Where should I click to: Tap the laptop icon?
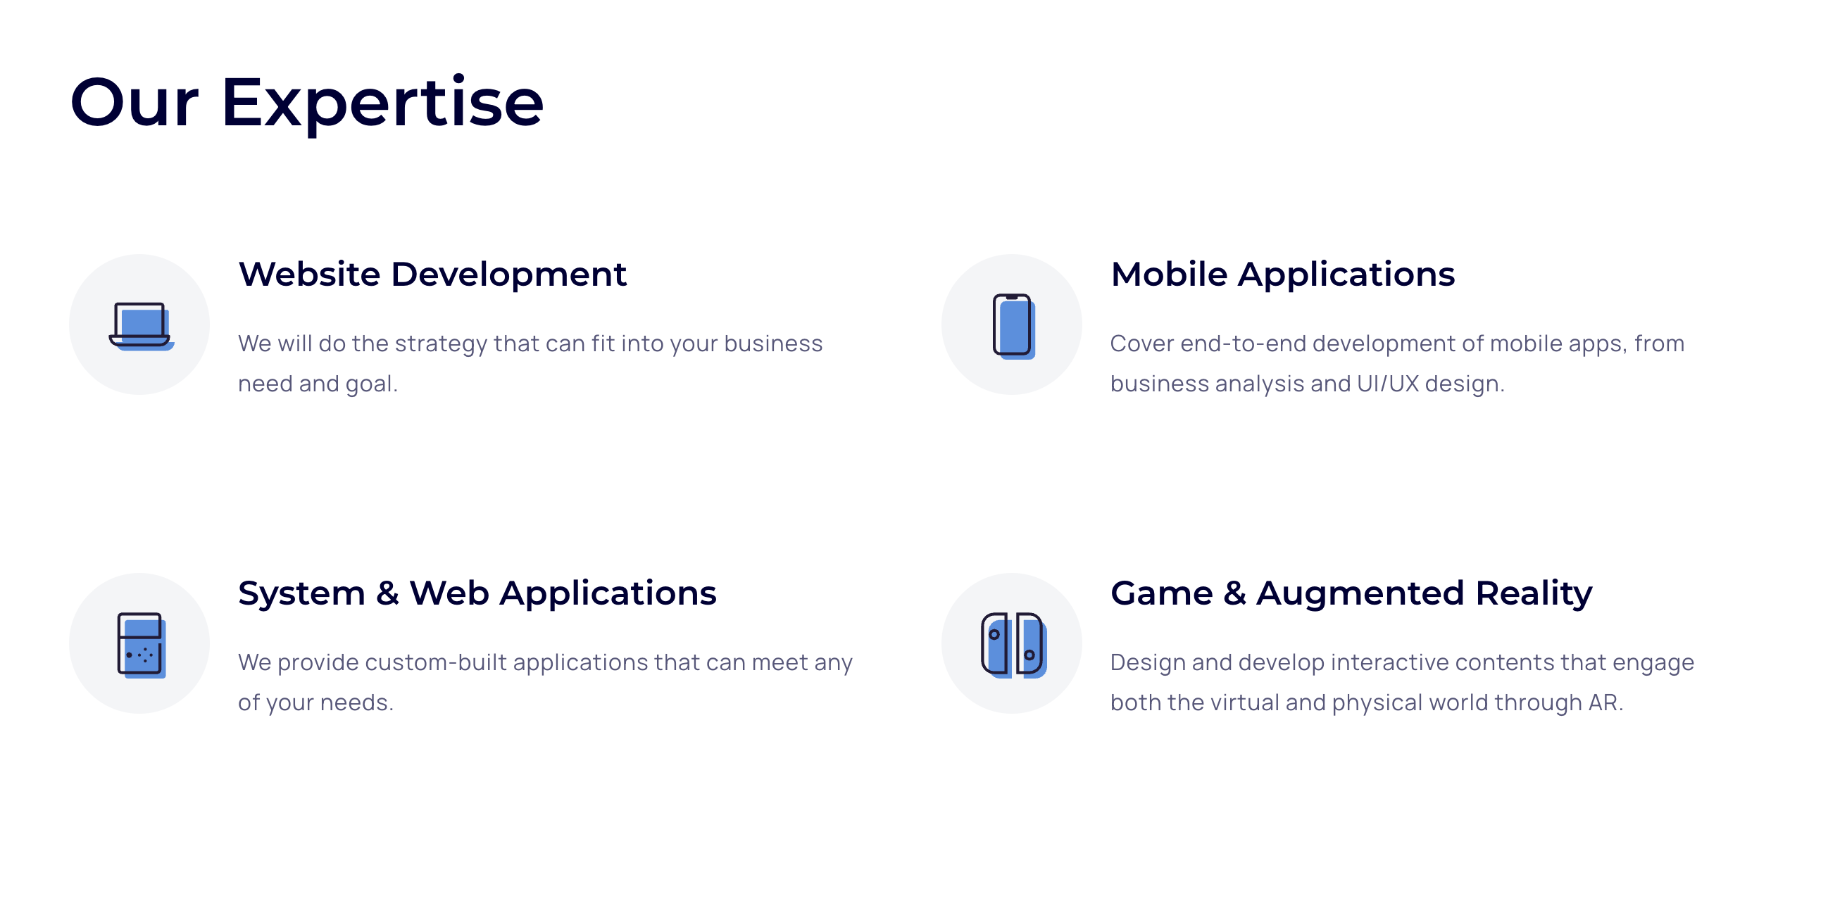pyautogui.click(x=142, y=327)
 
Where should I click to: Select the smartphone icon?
pyautogui.click(x=1013, y=327)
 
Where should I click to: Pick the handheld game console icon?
pyautogui.click(x=142, y=645)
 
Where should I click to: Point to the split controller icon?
pyautogui.click(x=1013, y=645)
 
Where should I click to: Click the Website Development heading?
pyautogui.click(x=432, y=275)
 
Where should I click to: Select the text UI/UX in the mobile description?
pyautogui.click(x=1387, y=384)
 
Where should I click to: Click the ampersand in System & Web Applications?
pyautogui.click(x=387, y=594)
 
